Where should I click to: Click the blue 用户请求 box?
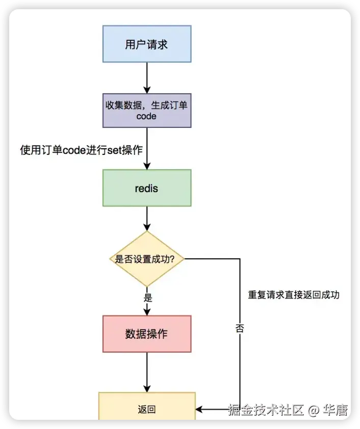coord(147,44)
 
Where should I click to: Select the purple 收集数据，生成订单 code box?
coord(147,110)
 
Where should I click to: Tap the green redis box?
coord(147,188)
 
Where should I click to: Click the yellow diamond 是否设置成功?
coord(147,259)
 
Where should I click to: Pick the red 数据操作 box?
coord(147,334)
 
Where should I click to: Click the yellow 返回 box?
coord(147,409)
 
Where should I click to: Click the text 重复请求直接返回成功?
coord(294,295)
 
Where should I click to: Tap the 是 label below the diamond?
coord(148,298)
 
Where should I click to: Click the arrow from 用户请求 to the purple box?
coord(147,77)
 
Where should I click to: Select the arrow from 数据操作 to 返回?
coord(147,372)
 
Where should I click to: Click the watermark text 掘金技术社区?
coord(266,409)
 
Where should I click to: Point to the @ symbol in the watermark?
coord(314,409)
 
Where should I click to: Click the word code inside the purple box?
coord(146,116)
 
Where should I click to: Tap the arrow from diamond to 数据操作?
coord(147,309)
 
